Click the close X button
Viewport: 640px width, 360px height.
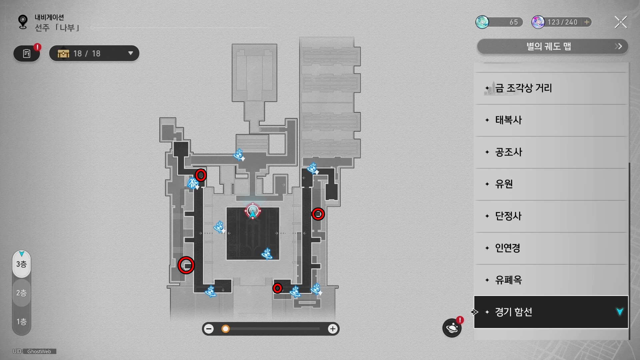[621, 22]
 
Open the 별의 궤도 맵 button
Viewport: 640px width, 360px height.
[552, 46]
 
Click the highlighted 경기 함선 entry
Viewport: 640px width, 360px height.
[551, 312]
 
